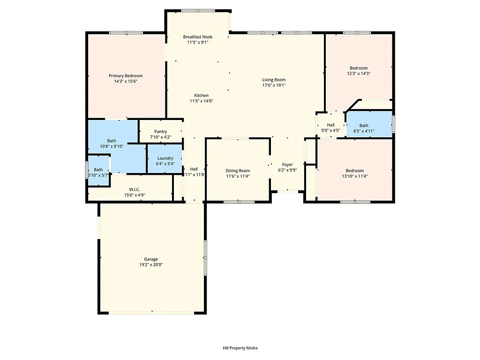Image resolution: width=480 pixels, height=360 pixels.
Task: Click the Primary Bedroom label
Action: (126, 76)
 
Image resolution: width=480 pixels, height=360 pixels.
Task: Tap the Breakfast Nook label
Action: (197, 37)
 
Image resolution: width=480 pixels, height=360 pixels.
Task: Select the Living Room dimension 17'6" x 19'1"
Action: (274, 85)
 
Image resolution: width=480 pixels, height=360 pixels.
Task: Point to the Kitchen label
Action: (201, 96)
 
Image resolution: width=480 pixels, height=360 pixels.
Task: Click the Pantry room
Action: (160, 134)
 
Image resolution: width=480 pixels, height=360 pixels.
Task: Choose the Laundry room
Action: (165, 161)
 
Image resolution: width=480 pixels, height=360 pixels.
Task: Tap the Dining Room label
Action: (238, 171)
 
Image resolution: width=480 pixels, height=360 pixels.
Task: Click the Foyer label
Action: (287, 165)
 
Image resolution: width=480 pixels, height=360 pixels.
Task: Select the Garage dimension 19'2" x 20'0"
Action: (151, 264)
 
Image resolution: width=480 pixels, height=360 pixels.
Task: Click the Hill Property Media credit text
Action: (240, 348)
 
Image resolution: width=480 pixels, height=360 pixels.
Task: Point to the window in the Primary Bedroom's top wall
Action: (126, 32)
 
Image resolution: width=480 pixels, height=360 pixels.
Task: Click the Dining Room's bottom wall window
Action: (239, 202)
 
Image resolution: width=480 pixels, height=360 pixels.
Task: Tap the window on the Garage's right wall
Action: (205, 257)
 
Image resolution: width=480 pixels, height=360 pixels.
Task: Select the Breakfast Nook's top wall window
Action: (197, 10)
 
